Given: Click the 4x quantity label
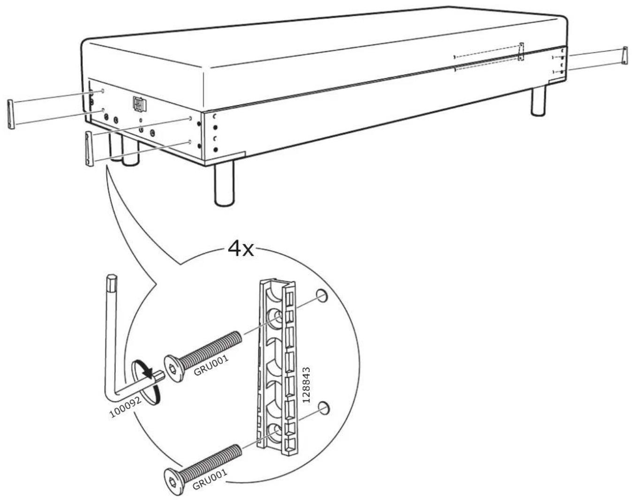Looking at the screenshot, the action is tap(241, 250).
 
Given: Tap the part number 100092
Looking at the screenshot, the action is tap(126, 406).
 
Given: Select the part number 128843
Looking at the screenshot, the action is tap(307, 385).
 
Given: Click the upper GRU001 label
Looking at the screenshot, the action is tap(211, 365).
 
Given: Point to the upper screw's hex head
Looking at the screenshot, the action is tap(174, 369).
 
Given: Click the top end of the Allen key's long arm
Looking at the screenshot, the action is tap(111, 277).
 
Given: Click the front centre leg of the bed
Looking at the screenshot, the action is tap(224, 183).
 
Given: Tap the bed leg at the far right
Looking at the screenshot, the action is tap(538, 100).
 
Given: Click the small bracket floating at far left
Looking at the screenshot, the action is tap(11, 114).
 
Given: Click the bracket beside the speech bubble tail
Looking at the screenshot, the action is tap(89, 149).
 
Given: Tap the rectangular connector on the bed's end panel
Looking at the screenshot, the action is tap(140, 104).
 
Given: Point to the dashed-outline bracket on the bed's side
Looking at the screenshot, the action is tap(521, 52).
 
